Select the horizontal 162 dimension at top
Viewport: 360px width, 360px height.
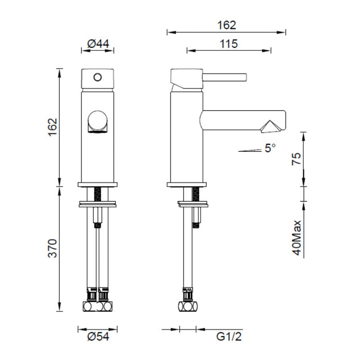[226, 25]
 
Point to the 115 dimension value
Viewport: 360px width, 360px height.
[229, 44]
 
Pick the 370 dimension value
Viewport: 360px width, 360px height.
[53, 248]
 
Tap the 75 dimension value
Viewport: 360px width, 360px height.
[297, 159]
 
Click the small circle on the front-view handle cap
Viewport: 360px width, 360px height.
[97, 76]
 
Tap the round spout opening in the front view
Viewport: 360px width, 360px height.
[98, 121]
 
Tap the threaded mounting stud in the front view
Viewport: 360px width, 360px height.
[99, 194]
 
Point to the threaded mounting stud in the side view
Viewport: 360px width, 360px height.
[196, 194]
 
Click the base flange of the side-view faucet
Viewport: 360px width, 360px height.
[187, 184]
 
